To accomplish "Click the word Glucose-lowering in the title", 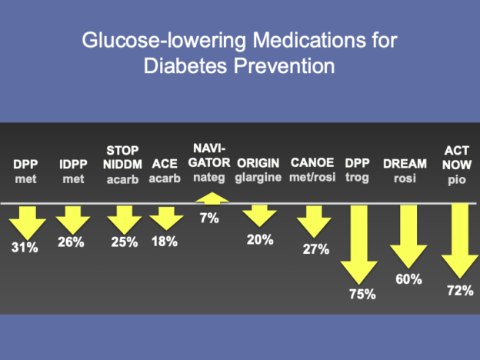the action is pos(164,41).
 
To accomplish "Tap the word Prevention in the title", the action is pos(285,66).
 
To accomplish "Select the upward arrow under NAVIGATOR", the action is pos(212,198).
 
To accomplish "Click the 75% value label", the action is pos(362,294).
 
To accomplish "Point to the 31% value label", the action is pos(25,248).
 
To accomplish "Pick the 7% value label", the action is pos(209,218).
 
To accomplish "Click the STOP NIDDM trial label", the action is pos(122,158).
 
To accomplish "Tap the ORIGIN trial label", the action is pos(258,164).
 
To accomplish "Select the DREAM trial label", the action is pos(405,164).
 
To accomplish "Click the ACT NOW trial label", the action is pos(457,158).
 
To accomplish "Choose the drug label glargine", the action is pos(258,178).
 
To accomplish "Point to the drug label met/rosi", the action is pos(312,177).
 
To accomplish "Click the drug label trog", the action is pos(357,178).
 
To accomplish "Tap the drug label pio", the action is pos(457,180).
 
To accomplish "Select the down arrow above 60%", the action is pos(408,236).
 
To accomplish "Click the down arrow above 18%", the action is pos(166,218).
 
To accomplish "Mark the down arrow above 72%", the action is pos(460,241).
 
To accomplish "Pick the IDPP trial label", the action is pos(73,165).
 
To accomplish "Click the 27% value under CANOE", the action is pos(316,249).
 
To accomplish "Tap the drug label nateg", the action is pos(209,178).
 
